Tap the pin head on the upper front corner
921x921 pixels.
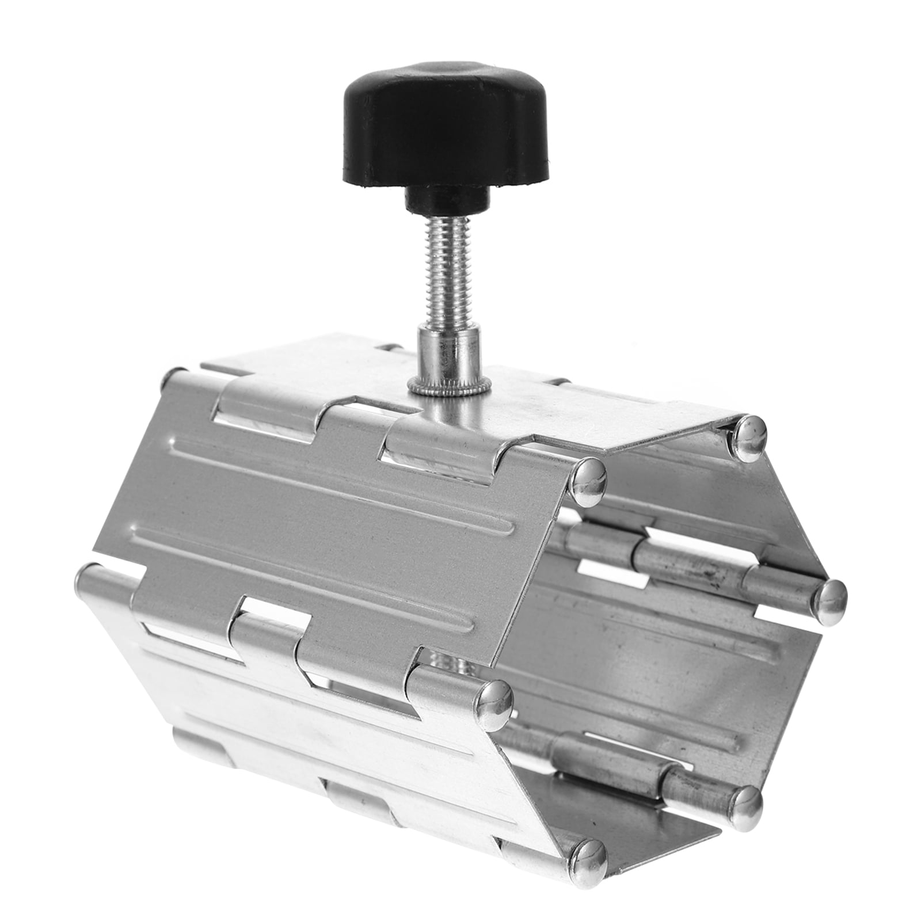pos(589,482)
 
